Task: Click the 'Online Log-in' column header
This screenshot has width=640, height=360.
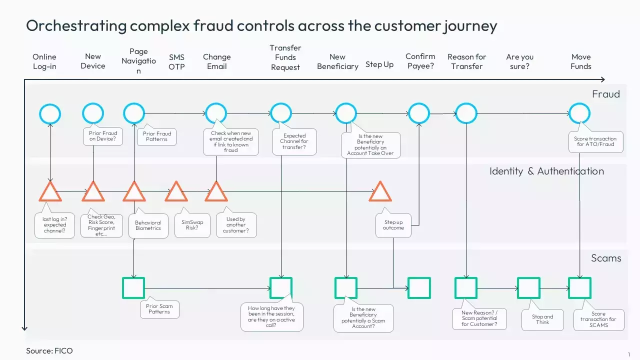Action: [x=44, y=61]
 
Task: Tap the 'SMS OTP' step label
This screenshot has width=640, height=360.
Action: [x=176, y=62]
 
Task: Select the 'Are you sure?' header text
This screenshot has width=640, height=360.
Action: [x=519, y=61]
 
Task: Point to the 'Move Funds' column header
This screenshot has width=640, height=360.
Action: [x=580, y=61]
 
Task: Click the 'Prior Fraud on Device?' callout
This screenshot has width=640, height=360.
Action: [x=103, y=136]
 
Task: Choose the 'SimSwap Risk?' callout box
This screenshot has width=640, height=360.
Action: [x=192, y=225]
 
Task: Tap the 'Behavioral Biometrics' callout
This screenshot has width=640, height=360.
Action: [x=148, y=225]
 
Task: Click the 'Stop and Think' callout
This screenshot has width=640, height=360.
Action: [x=542, y=319]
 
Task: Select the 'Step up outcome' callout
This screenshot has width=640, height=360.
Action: [x=393, y=225]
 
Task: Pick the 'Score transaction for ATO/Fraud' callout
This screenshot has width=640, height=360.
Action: [x=595, y=141]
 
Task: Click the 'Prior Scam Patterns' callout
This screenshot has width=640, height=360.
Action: [x=159, y=309]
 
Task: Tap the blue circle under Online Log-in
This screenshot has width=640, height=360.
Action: [x=50, y=114]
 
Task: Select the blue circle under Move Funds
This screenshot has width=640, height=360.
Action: [x=579, y=113]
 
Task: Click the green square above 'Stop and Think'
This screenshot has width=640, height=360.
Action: [x=528, y=288]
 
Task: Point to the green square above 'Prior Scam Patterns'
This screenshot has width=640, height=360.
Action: [x=133, y=288]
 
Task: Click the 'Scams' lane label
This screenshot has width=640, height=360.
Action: [x=606, y=258]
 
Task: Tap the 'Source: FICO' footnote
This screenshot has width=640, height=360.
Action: [x=49, y=351]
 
